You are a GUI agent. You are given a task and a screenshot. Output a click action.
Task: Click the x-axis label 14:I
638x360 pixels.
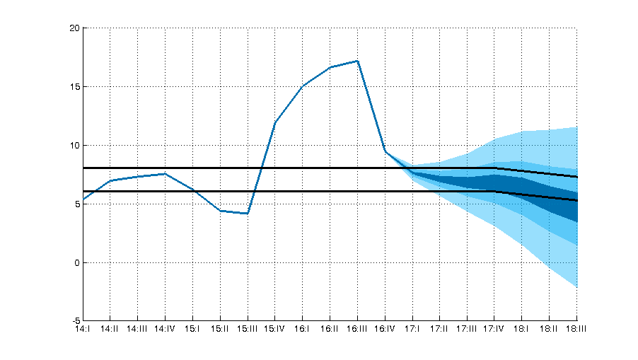(x=83, y=329)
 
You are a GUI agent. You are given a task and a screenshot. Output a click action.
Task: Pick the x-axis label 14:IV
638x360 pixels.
(x=166, y=329)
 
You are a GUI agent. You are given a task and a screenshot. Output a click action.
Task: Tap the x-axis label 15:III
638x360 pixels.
(x=248, y=329)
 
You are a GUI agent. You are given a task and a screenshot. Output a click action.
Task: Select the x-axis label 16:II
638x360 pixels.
(x=330, y=329)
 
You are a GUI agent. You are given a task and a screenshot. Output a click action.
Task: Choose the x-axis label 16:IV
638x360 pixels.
(x=385, y=329)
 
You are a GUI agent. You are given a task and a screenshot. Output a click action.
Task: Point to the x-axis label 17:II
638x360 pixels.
(x=439, y=329)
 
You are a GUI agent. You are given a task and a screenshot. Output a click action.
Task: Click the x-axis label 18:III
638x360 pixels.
(x=576, y=329)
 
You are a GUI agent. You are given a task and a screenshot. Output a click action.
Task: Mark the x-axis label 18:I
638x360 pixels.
(x=522, y=329)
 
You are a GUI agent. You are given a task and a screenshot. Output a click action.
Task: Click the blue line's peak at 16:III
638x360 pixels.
(x=358, y=61)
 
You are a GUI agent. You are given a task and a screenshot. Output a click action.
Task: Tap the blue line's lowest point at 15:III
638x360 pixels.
(x=248, y=213)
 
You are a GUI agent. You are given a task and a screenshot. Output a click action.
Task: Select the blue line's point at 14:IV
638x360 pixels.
(x=166, y=173)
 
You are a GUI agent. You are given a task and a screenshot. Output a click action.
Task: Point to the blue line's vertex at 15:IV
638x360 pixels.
(x=275, y=122)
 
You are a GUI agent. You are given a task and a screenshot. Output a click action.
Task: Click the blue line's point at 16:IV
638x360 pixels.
(x=385, y=151)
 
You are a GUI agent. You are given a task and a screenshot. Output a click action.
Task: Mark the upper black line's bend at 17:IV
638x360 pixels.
(x=494, y=168)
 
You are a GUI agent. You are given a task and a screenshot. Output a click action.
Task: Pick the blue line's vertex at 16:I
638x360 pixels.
(x=303, y=86)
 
